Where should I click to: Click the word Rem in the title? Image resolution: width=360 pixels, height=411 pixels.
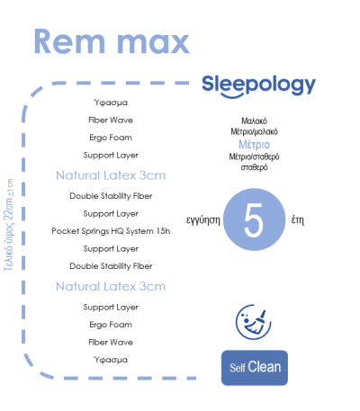click(x=69, y=41)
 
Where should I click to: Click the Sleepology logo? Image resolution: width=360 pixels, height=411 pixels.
click(x=258, y=86)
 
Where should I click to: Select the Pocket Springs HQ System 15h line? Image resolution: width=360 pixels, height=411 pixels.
click(x=111, y=231)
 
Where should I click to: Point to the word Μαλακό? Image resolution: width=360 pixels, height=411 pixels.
click(x=254, y=121)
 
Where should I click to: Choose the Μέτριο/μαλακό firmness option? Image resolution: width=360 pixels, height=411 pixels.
click(x=254, y=131)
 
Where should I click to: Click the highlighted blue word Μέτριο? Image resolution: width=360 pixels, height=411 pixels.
click(x=254, y=145)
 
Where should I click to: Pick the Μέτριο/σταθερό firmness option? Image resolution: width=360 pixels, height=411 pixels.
click(x=254, y=156)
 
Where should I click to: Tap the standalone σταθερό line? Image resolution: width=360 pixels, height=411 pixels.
click(x=254, y=167)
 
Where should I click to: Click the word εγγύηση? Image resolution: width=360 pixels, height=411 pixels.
click(x=203, y=220)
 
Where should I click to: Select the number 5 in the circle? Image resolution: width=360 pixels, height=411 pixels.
click(x=254, y=220)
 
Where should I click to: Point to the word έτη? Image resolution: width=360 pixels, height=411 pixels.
click(x=298, y=220)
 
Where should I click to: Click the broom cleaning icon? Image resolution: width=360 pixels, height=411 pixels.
click(x=254, y=322)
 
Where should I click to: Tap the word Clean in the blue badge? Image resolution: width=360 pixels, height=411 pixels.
click(x=265, y=367)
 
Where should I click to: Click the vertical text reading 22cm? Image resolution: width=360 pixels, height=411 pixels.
click(x=8, y=210)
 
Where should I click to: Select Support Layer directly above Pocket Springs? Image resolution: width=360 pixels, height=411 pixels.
click(x=111, y=214)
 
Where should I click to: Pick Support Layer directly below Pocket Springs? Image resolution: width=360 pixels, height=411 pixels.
click(x=111, y=249)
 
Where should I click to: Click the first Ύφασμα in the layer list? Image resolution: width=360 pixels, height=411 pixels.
click(x=111, y=103)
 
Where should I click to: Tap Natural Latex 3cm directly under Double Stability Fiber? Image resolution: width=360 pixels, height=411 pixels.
click(x=111, y=287)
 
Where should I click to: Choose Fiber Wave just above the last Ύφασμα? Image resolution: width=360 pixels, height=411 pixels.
click(x=111, y=342)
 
